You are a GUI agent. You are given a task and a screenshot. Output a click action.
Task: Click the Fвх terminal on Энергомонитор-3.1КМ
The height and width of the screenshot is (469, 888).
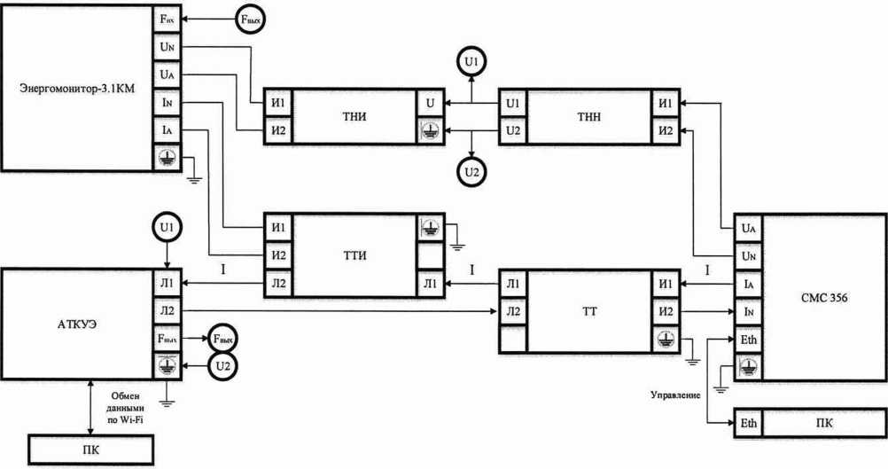[166, 19]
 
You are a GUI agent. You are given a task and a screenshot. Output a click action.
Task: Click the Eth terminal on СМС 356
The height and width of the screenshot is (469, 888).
[749, 340]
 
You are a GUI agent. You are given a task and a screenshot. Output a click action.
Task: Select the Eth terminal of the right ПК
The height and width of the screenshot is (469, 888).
[748, 424]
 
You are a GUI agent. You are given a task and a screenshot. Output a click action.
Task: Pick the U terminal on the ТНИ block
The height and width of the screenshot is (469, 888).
[430, 104]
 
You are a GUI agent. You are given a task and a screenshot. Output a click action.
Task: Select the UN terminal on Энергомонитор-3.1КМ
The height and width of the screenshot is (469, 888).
[166, 46]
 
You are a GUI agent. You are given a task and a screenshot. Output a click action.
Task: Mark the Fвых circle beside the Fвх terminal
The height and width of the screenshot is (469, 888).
[249, 19]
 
